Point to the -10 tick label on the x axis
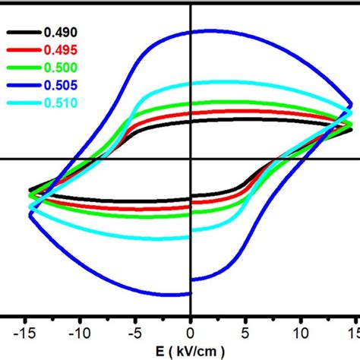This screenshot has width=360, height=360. (80, 332)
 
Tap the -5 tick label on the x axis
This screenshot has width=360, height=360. (134, 332)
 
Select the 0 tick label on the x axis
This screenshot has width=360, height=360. (191, 332)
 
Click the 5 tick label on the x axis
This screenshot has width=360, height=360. (245, 332)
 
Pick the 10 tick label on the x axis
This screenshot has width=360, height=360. (301, 332)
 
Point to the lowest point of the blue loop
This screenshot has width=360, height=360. (178, 295)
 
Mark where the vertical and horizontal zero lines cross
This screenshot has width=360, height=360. (191, 159)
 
